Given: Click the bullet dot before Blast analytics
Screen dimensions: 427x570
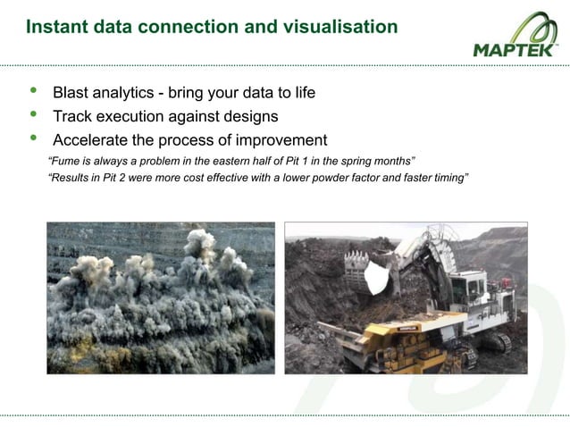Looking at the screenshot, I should pos(34,92).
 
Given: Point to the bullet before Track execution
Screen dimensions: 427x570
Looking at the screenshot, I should pos(34,115).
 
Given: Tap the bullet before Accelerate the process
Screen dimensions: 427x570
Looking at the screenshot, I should pos(34,138).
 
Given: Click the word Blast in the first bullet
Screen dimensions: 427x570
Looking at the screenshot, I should pos(72,93).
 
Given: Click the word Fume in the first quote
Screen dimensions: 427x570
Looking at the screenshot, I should pos(67,162).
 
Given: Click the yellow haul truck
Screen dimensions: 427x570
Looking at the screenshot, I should pos(393,344).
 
